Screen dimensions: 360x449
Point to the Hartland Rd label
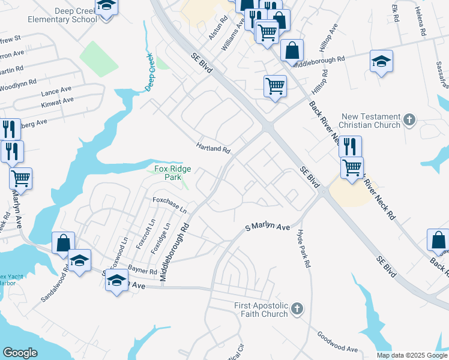[x=213, y=148]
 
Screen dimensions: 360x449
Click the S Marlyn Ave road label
[x=267, y=228]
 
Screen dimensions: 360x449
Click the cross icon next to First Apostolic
[x=296, y=310]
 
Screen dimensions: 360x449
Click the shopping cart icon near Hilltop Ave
[x=275, y=86]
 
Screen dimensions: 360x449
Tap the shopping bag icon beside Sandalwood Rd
[x=63, y=243]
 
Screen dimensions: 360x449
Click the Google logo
[x=20, y=353]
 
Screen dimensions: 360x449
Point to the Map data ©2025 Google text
[x=412, y=355]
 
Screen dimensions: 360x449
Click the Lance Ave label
[x=57, y=93]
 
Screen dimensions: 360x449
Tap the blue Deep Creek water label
[x=149, y=72]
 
